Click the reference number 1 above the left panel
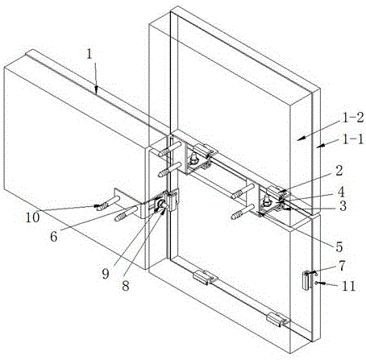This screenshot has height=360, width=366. tap(89, 55)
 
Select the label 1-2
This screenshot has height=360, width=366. tap(353, 118)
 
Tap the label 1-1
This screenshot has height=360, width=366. tap(352, 139)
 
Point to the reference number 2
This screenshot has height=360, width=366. tap(339, 170)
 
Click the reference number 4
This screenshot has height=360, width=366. tap(341, 192)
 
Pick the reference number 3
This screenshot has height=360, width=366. tap(343, 206)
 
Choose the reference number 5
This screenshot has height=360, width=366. tap(339, 247)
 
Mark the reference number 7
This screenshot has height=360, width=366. tap(342, 266)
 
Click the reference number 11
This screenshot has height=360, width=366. tap(349, 286)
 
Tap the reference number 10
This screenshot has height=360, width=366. tap(32, 217)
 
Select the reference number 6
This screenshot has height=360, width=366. tap(53, 237)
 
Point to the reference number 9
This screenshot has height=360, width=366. tap(106, 274)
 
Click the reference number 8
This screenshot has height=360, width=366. tap(126, 286)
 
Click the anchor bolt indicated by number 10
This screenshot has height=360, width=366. tap(108, 203)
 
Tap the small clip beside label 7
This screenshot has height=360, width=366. tap(306, 280)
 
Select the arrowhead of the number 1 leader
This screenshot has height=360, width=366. tap(97, 91)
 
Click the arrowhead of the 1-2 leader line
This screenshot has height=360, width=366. tap(302, 138)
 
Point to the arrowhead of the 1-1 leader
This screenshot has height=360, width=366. tap(319, 147)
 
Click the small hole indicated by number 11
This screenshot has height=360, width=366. tap(317, 282)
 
